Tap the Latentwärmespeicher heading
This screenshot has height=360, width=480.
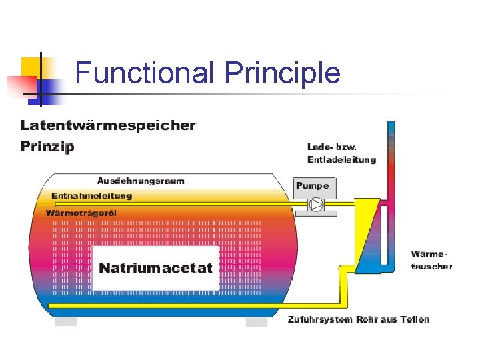108,125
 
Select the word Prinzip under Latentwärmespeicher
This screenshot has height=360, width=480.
47,146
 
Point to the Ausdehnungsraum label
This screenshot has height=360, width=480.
141,181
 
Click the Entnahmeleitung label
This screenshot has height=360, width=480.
92,196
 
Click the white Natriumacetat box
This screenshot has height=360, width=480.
155,268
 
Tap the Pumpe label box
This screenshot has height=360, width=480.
312,185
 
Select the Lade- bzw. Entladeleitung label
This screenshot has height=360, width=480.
341,153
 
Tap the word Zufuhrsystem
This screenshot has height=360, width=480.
314,319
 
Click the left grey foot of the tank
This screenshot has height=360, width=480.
66,322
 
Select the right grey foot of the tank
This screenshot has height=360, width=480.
256,322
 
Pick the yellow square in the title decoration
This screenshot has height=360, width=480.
33,67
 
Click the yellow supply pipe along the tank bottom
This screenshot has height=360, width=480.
167,305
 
